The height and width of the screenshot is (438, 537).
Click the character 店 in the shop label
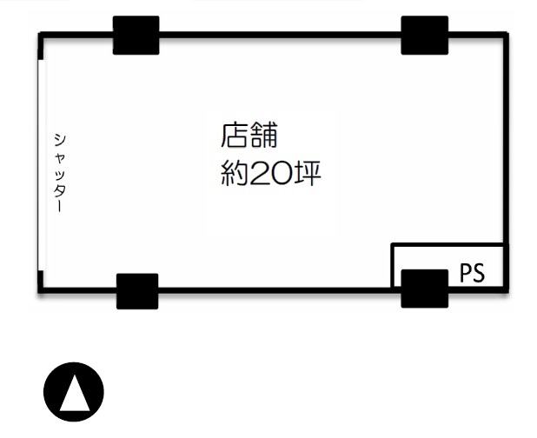tap(234, 136)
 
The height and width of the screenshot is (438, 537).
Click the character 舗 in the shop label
tap(263, 136)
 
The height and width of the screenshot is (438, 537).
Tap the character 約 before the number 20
tap(234, 173)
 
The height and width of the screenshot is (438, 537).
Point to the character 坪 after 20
tap(308, 173)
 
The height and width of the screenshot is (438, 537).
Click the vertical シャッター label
tap(60, 173)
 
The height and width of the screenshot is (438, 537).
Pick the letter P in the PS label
tap(466, 273)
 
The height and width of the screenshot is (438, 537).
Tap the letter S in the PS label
tap(479, 273)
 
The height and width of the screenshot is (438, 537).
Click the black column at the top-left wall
tap(136, 35)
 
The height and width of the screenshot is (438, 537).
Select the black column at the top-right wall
tap(425, 35)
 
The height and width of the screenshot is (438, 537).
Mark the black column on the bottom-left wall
tap(137, 291)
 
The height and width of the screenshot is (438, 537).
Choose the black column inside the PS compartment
tap(425, 289)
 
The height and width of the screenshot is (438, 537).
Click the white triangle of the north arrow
tap(75, 393)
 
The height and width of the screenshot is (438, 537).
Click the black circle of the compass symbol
tap(74, 392)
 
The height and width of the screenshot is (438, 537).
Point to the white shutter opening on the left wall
tap(41, 165)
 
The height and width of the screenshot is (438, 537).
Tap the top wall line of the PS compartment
tap(449, 244)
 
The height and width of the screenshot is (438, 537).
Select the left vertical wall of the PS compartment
tap(393, 266)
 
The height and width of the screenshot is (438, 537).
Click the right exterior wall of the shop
tap(506, 163)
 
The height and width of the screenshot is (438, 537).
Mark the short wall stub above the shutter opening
tap(41, 46)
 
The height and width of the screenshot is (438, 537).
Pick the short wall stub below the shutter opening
tap(41, 282)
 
